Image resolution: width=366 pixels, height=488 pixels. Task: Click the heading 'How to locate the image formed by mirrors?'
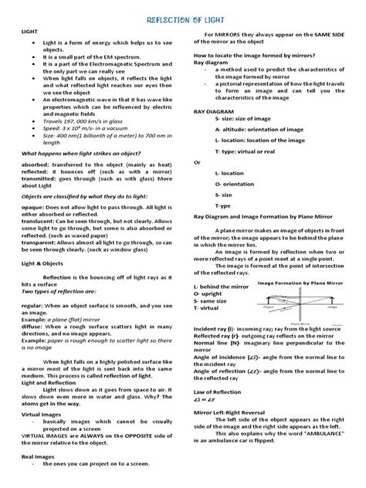point(250,77)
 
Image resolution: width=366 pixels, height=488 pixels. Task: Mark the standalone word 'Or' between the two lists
point(196,162)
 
